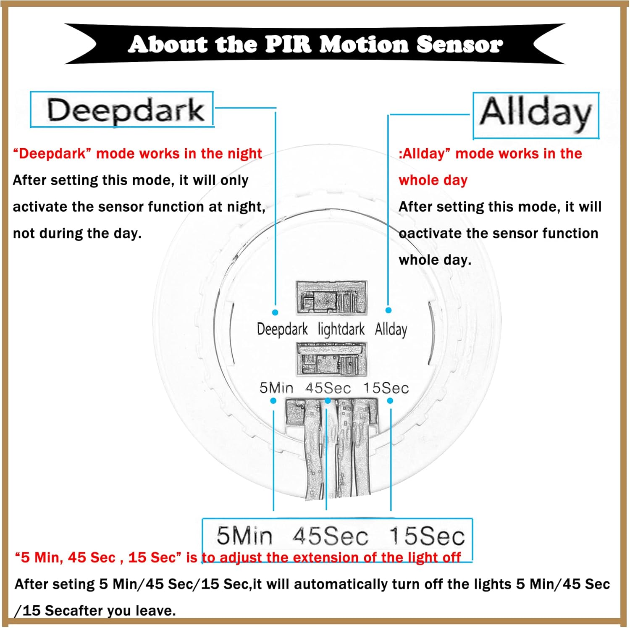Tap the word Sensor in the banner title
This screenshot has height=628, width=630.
[459, 45]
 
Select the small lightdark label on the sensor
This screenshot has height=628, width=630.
[341, 329]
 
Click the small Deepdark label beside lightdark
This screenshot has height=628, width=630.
[282, 329]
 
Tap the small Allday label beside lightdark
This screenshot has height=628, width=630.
[391, 329]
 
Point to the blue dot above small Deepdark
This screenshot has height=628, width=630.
[275, 313]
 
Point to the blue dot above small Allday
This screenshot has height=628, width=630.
[388, 310]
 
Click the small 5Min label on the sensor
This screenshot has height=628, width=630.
[276, 388]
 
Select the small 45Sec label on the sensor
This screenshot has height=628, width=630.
[328, 388]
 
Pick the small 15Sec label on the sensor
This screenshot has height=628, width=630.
[386, 388]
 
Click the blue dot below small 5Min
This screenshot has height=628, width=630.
[273, 401]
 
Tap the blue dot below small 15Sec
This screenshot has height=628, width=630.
[390, 401]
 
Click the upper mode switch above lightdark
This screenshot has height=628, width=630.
[331, 298]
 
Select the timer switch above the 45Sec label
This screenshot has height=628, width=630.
[331, 359]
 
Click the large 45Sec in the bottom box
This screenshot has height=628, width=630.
[331, 536]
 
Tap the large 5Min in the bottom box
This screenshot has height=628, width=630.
[244, 536]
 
